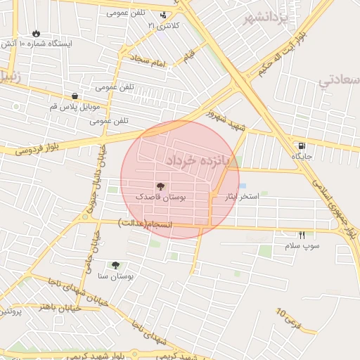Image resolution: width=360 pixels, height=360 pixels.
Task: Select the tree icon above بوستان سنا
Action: (x=115, y=265)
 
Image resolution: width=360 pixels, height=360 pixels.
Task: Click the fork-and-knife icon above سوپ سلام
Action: (x=302, y=236)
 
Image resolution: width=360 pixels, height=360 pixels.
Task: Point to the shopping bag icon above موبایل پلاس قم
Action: (x=75, y=96)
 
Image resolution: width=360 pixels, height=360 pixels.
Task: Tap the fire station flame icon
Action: (x=36, y=33)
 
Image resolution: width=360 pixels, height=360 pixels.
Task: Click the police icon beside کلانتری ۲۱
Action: (x=164, y=15)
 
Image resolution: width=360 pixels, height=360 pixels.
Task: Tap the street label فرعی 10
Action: (x=288, y=320)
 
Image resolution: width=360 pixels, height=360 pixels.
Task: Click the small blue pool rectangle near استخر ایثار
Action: (x=242, y=186)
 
